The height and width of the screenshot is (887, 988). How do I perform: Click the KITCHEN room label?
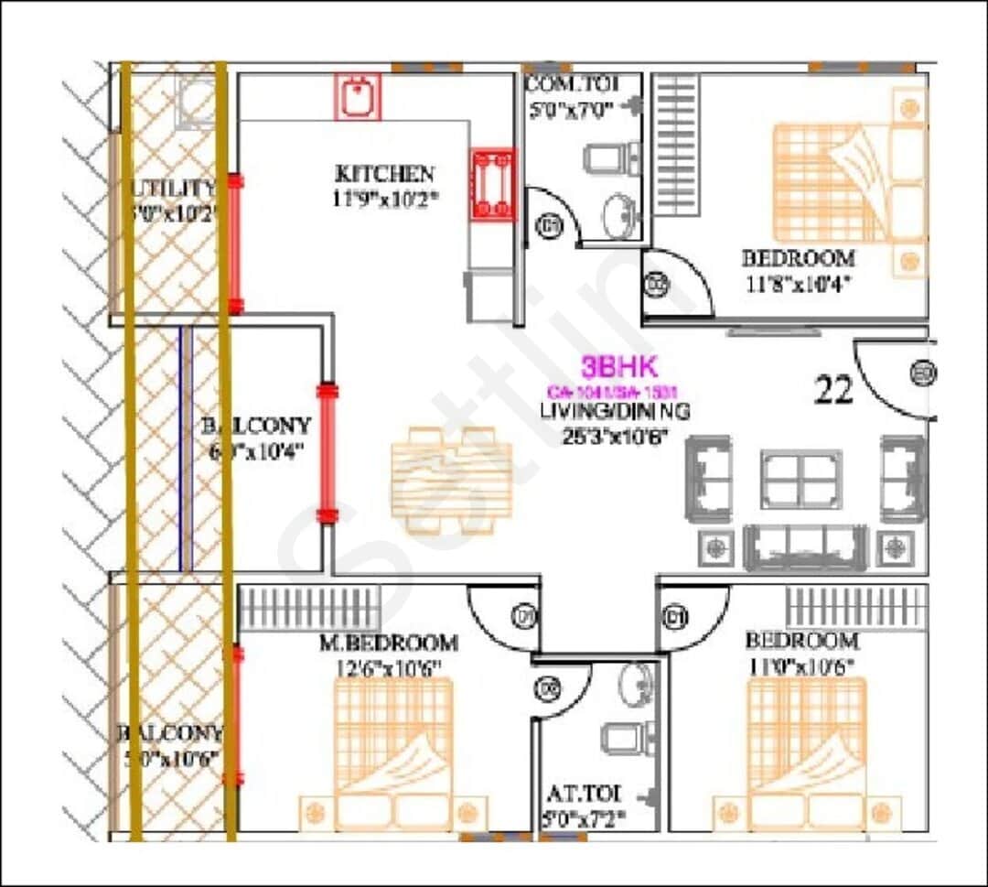tap(384, 173)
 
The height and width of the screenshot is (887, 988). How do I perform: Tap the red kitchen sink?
tap(357, 96)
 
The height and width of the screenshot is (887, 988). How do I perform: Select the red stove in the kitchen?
tap(493, 184)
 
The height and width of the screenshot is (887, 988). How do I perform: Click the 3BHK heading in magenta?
tap(619, 368)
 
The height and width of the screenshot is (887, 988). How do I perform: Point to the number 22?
tap(833, 391)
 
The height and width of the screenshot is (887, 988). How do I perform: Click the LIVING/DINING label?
tap(615, 412)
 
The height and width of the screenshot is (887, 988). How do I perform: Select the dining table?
tap(451, 479)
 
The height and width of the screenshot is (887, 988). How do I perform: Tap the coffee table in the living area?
tap(801, 478)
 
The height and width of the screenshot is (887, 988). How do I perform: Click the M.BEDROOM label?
tap(389, 643)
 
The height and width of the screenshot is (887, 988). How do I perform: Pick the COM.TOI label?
tap(573, 84)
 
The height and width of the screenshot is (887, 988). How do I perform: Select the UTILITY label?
tap(174, 188)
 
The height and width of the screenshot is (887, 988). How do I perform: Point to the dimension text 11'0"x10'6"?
tap(801, 665)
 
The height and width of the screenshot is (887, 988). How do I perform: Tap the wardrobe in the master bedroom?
tap(296, 608)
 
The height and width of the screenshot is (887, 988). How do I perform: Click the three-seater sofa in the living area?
tap(805, 546)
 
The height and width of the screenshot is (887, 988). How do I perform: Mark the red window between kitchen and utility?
tap(235, 243)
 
